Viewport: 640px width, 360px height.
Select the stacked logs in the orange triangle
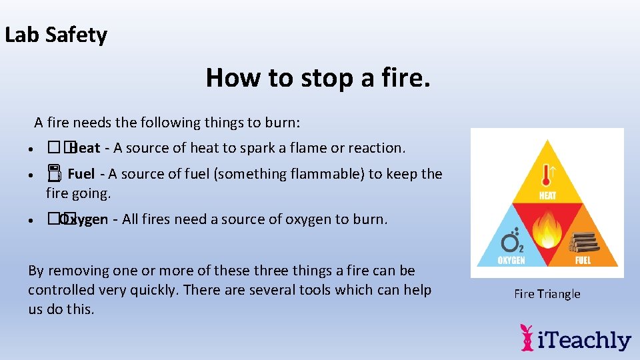pyautogui.click(x=583, y=241)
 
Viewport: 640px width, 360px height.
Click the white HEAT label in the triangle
pyautogui.click(x=547, y=195)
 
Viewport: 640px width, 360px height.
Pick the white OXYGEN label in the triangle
pyautogui.click(x=511, y=260)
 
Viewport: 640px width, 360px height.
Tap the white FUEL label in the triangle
pyautogui.click(x=583, y=260)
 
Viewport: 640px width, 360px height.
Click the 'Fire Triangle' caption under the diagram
pyautogui.click(x=547, y=294)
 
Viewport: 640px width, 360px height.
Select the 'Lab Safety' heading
pyautogui.click(x=56, y=35)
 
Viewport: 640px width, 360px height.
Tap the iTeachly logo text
pyautogui.click(x=585, y=341)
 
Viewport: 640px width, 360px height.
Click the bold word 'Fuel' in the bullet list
pyautogui.click(x=81, y=174)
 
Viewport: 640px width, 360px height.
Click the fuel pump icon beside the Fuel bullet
pyautogui.click(x=54, y=175)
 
